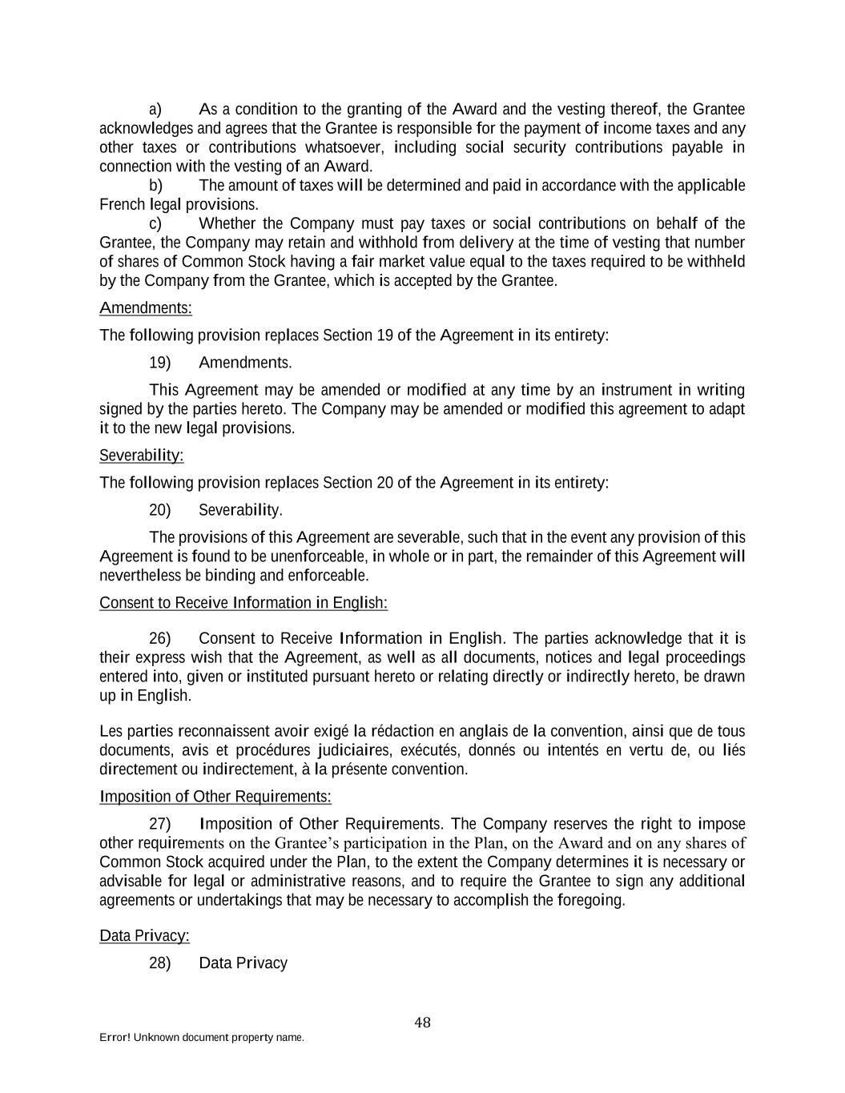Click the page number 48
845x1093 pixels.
(423, 1023)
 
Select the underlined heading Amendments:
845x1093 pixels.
(145, 308)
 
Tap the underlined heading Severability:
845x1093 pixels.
(141, 456)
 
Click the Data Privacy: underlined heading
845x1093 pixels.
(144, 936)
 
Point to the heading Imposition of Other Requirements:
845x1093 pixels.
(215, 797)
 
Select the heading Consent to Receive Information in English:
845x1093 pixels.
(243, 603)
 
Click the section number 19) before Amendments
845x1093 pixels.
(160, 363)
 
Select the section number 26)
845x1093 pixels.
(160, 638)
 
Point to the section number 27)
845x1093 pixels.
(160, 824)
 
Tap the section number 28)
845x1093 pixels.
(160, 963)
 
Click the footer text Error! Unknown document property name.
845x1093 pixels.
(202, 1038)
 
